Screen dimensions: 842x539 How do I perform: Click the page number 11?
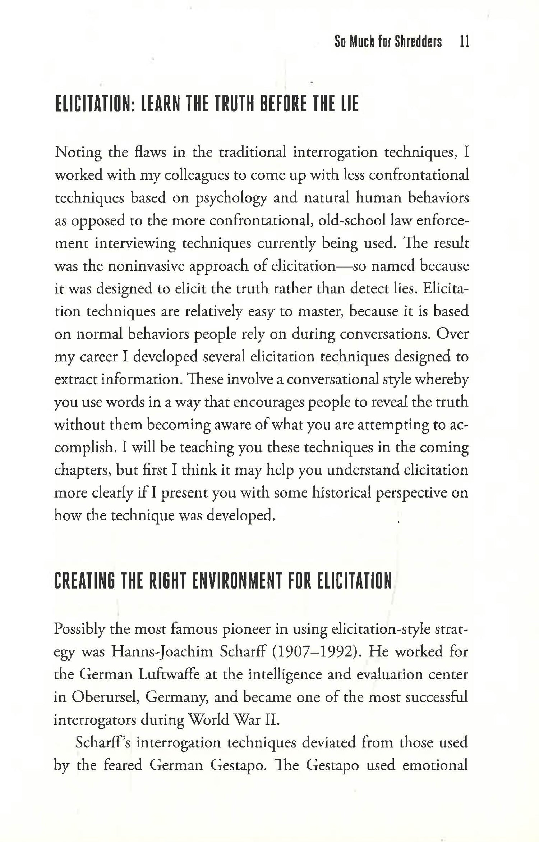pyautogui.click(x=464, y=42)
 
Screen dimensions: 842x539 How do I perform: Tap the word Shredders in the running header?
pyautogui.click(x=418, y=42)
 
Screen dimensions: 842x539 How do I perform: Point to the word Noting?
pyautogui.click(x=78, y=153)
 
